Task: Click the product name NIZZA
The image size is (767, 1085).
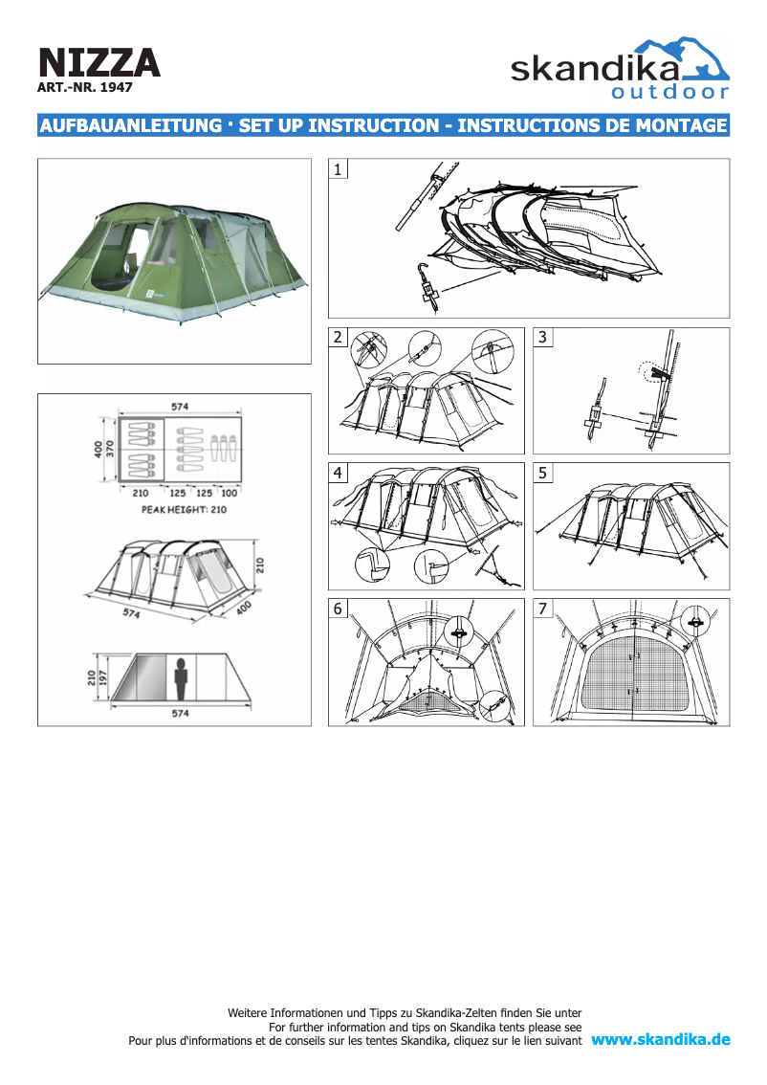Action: point(99,63)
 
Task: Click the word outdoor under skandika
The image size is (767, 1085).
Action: point(669,92)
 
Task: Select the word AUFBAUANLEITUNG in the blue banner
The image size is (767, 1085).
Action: point(131,125)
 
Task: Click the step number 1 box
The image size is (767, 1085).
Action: point(338,168)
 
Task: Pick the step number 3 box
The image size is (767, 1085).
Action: point(543,337)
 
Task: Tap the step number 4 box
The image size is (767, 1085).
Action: point(338,473)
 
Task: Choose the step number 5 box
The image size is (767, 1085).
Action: point(543,473)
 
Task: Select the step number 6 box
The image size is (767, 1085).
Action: point(338,609)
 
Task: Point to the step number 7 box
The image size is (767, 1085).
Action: point(543,609)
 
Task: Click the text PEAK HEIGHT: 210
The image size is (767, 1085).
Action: point(184,509)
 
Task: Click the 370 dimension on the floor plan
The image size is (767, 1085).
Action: point(109,449)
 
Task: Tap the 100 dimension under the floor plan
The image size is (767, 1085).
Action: point(229,494)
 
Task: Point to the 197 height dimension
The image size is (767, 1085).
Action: point(103,677)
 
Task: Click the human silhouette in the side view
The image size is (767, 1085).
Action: point(181,678)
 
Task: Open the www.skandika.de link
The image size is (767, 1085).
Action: point(661,1039)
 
